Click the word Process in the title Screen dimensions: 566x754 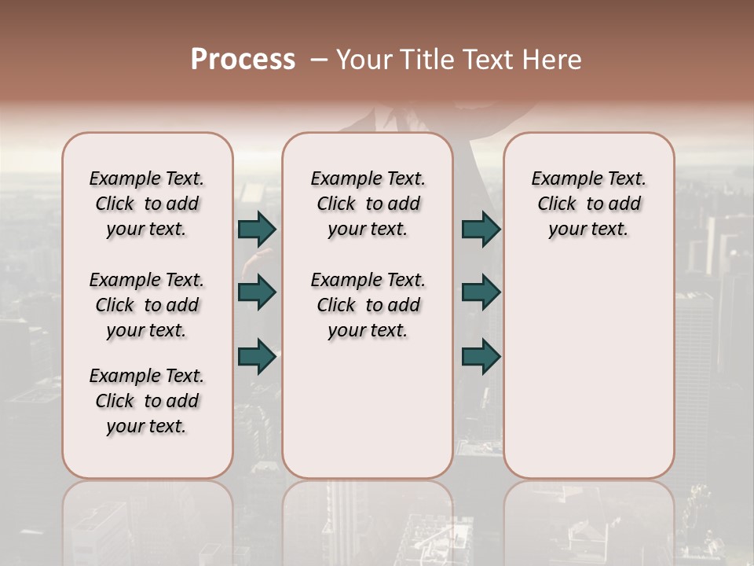click(x=243, y=59)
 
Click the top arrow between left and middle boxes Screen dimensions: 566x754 click(x=257, y=229)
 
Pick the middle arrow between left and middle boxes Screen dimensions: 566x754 click(x=257, y=292)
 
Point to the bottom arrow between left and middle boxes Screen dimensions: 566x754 click(x=257, y=356)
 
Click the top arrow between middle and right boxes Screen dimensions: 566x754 click(x=481, y=229)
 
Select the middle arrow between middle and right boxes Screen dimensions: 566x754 click(x=481, y=292)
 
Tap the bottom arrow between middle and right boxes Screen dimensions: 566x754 click(x=481, y=356)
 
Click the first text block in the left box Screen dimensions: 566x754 click(x=147, y=204)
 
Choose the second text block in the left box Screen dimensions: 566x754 click(x=147, y=305)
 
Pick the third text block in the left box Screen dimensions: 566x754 click(x=147, y=401)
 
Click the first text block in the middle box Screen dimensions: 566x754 click(x=368, y=204)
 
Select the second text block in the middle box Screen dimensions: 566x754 click(x=368, y=305)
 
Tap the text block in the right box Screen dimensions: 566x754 click(x=589, y=204)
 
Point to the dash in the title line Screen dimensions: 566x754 click(x=319, y=59)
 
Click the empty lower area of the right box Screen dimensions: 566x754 click(x=589, y=369)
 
